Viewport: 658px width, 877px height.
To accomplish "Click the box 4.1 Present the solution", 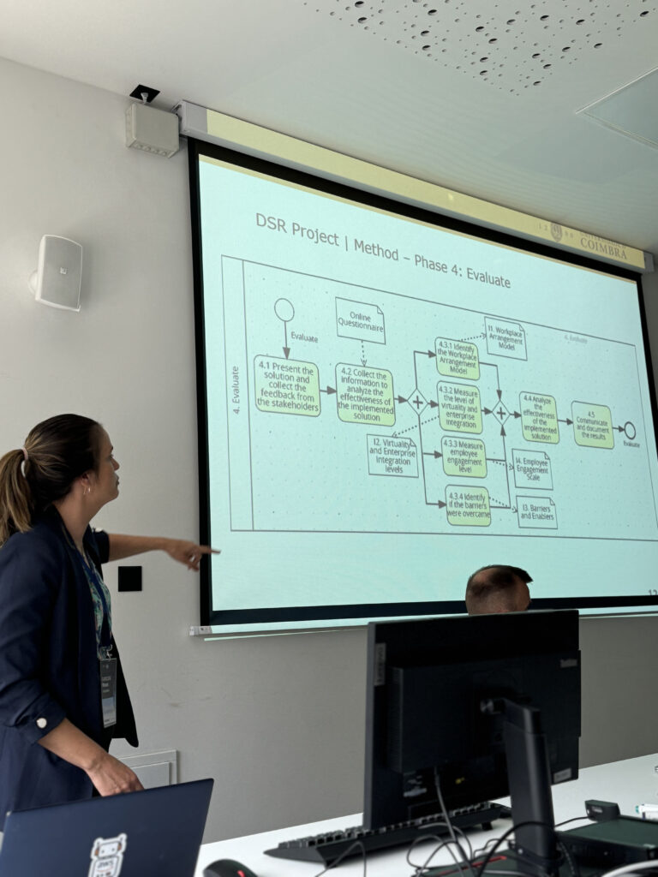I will click(x=287, y=386).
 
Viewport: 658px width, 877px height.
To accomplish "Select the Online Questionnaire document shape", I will click(x=360, y=320).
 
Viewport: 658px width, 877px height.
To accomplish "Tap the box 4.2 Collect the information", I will click(x=365, y=395).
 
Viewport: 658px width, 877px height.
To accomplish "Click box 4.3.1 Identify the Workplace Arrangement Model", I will click(x=457, y=358).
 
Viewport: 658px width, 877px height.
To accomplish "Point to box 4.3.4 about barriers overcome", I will click(x=468, y=505).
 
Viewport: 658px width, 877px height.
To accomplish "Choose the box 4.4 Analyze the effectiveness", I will click(x=539, y=418).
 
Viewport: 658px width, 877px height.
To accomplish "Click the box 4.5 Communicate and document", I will click(x=592, y=425).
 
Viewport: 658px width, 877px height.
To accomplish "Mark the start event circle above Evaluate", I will click(x=284, y=310).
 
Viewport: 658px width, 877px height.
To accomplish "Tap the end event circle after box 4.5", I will click(x=630, y=431).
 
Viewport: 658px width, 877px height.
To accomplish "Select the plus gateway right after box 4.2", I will click(x=417, y=402).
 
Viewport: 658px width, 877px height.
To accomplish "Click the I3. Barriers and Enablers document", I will click(x=536, y=512).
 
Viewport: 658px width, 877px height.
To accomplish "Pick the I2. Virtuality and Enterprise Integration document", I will click(x=392, y=456).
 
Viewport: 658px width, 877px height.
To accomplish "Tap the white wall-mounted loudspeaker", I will click(x=58, y=272).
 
